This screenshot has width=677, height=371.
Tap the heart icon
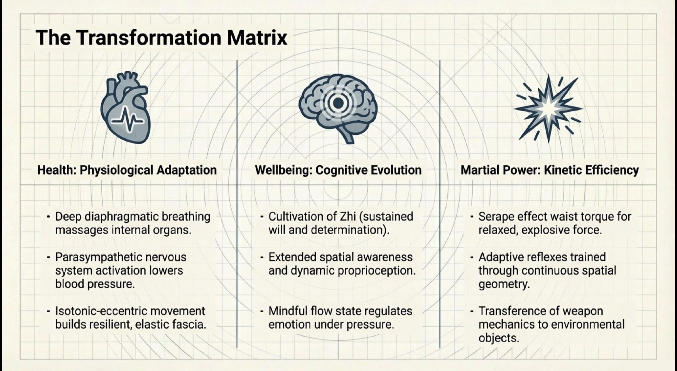pyautogui.click(x=125, y=108)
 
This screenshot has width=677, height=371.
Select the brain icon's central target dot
pyautogui.click(x=338, y=103)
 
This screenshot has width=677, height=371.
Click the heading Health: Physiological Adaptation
pyautogui.click(x=127, y=170)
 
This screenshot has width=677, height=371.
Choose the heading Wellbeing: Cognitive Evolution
pyautogui.click(x=338, y=170)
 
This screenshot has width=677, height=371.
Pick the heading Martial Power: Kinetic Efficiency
pyautogui.click(x=550, y=170)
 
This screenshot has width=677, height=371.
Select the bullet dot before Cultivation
pyautogui.click(x=262, y=217)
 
